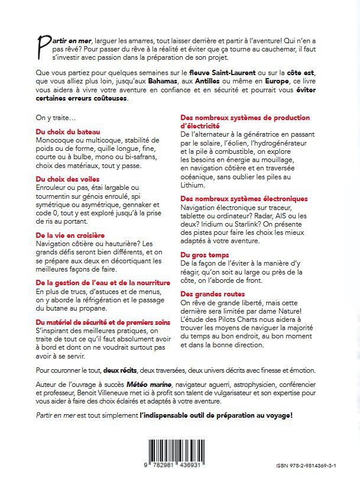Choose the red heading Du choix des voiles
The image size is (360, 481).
tap(67, 178)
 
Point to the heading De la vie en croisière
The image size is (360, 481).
tap(72, 235)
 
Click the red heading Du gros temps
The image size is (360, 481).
tap(206, 254)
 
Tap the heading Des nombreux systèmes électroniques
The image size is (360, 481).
tap(244, 198)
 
